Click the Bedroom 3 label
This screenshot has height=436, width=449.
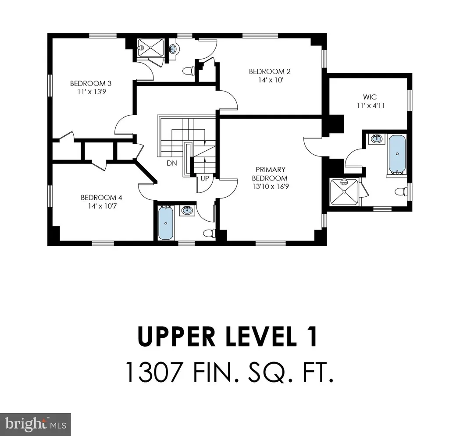point(88,83)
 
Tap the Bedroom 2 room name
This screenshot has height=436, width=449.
point(264,71)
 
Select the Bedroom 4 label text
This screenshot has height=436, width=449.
point(98,197)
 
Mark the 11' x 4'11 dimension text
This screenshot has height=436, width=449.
point(367,106)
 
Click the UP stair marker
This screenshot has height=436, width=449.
point(205,179)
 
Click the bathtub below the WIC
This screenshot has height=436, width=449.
point(397,154)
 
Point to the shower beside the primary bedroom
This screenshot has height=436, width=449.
point(344,191)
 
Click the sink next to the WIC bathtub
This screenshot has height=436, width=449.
point(376,140)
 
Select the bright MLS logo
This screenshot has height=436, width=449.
point(35,424)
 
